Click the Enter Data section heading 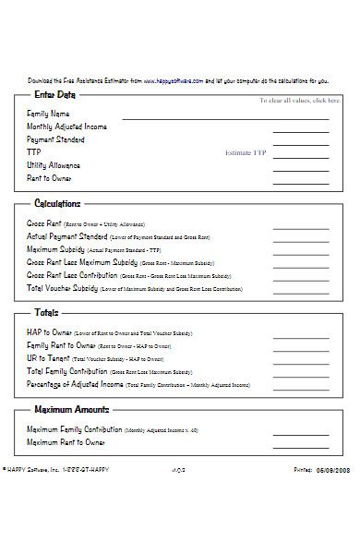point(54,94)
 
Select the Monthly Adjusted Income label point(66,126)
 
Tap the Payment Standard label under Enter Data point(55,139)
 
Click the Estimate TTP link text point(245,152)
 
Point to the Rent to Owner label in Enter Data point(49,178)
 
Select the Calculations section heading point(57,203)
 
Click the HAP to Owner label point(48,331)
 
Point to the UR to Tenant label point(47,357)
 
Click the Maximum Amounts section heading point(72,409)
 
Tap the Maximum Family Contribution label point(73,429)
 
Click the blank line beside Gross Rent point(294,227)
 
